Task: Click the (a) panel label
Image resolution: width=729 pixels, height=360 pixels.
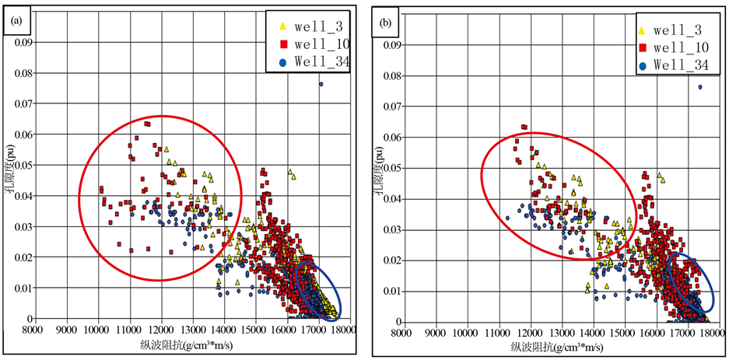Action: pos(15,22)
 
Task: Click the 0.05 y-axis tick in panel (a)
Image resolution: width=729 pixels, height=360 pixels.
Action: pos(23,165)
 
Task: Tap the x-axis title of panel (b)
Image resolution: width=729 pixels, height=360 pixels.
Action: pos(555,348)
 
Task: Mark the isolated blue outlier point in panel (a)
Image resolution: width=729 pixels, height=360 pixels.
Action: pos(321,84)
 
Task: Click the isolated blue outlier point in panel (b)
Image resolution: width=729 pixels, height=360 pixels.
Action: pos(699,87)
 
